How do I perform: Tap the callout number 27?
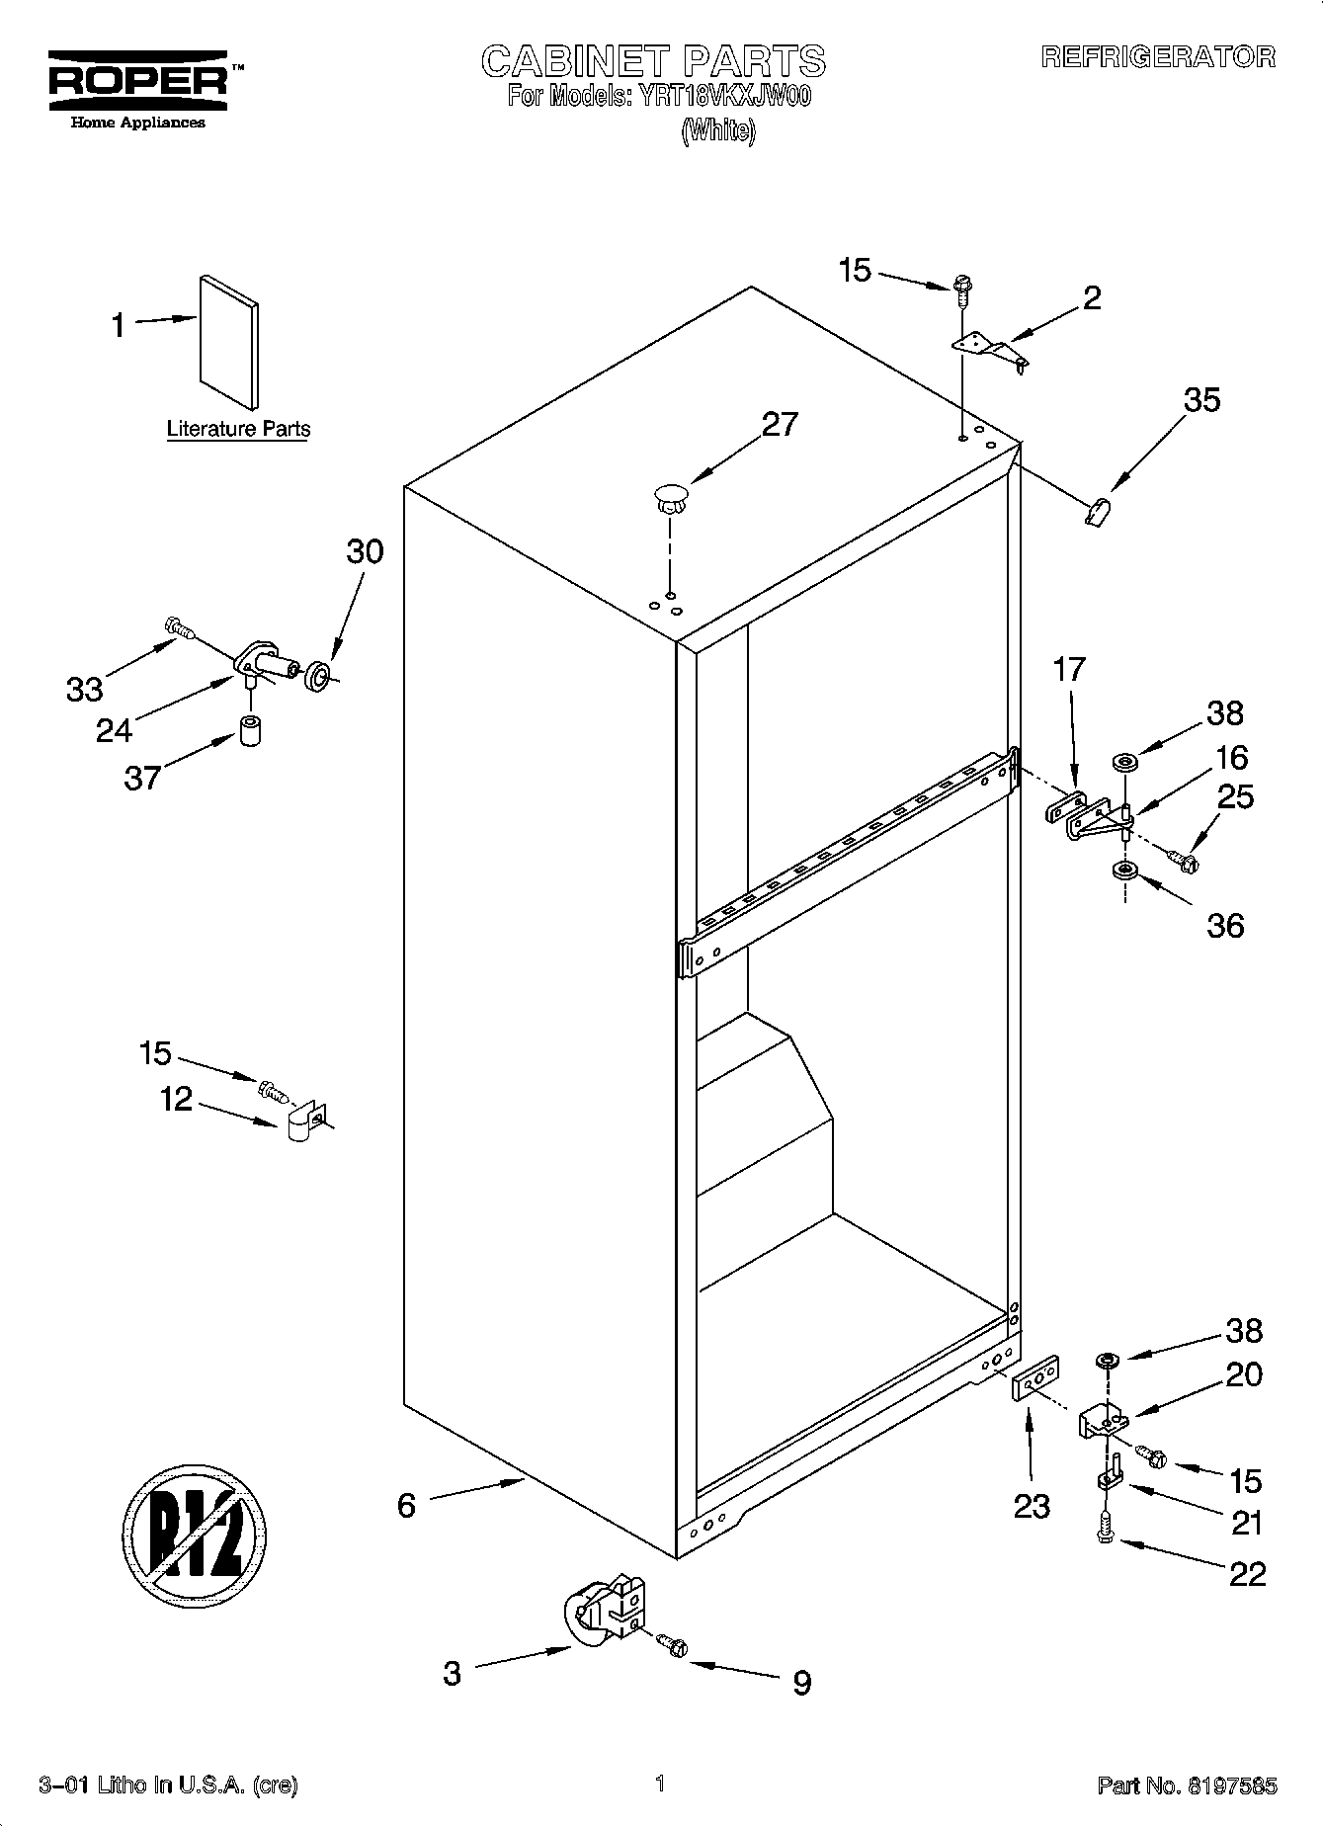(780, 424)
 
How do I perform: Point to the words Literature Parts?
(238, 430)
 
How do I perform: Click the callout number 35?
(1200, 400)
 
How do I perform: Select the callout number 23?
(1032, 1506)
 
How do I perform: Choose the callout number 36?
(1225, 925)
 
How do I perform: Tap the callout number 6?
(406, 1505)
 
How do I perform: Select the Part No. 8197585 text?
(1187, 1785)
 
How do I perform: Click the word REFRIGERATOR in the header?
(1158, 57)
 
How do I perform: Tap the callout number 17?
(1068, 669)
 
